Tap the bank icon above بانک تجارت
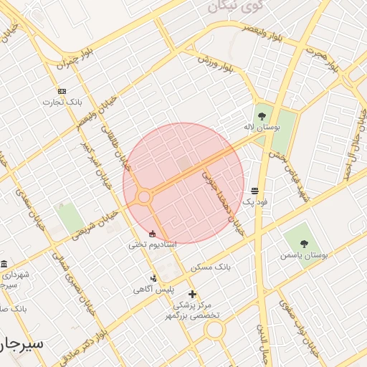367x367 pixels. click(62, 91)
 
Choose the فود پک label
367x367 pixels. click(255, 202)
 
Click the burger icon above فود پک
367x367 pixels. click(255, 191)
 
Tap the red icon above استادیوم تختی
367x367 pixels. click(152, 234)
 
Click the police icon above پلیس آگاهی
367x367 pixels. click(153, 278)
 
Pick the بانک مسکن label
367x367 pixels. click(211, 267)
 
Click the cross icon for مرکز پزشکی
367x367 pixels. click(192, 294)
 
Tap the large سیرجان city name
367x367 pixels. click(22, 343)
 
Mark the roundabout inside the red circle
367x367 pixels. click(144, 196)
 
